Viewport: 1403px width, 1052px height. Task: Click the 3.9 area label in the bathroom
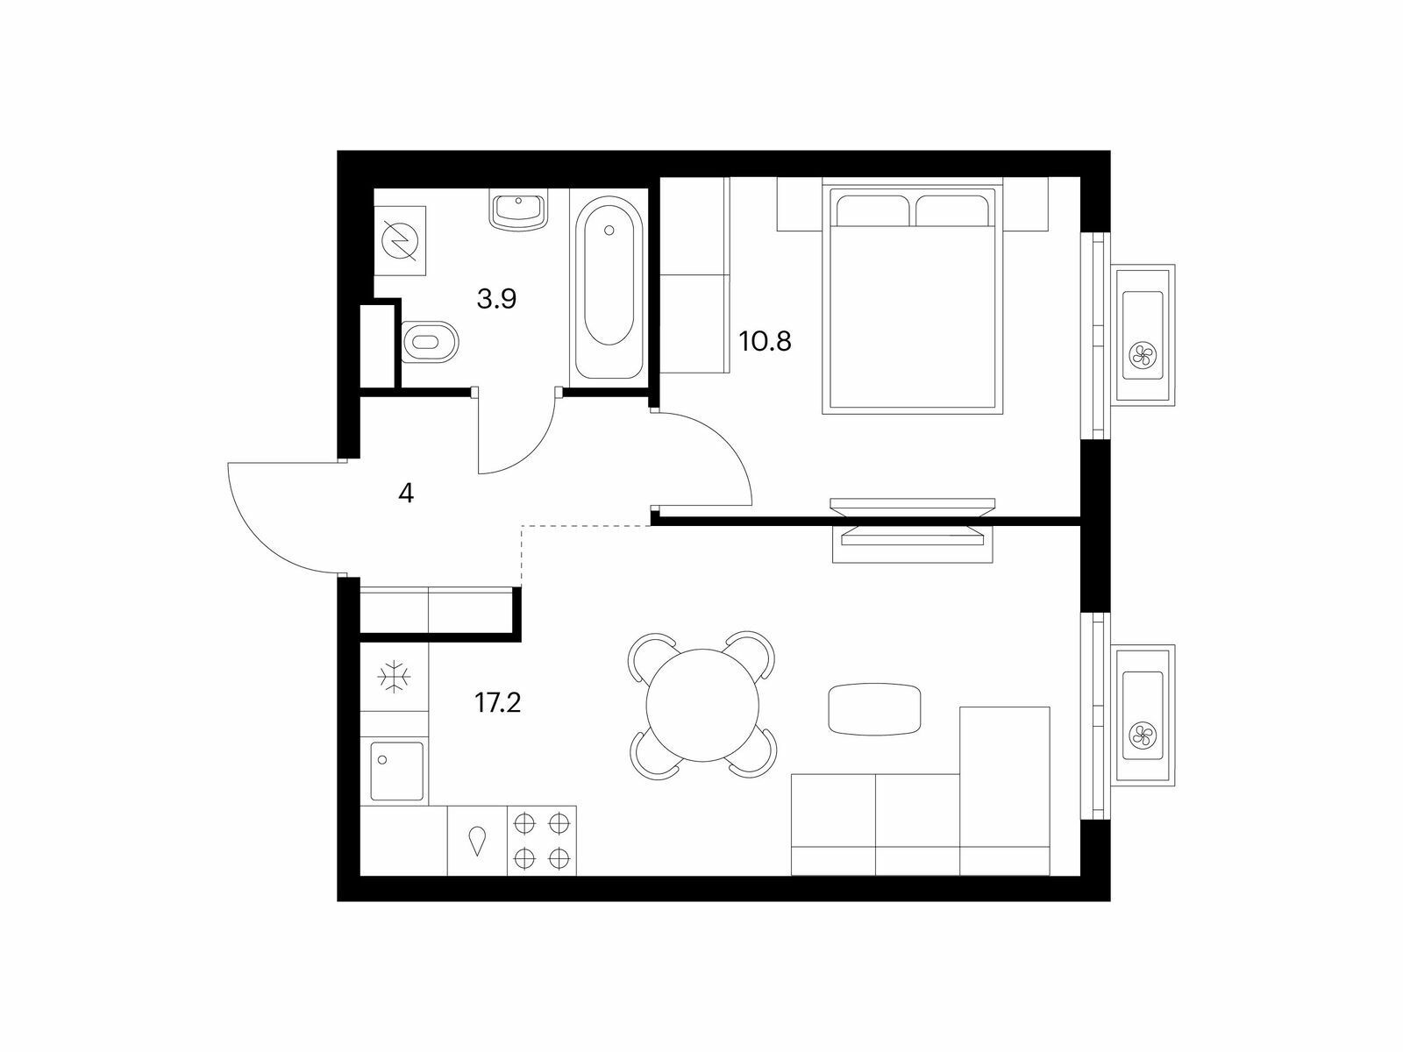[496, 298]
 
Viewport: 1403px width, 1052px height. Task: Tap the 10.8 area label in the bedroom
[766, 342]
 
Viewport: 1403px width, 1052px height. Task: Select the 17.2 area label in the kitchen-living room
[498, 703]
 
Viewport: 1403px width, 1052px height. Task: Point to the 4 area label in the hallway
[406, 493]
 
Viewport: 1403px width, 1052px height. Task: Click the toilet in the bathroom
[431, 342]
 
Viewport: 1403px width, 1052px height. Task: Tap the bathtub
[609, 288]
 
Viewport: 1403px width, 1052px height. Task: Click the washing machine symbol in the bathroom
[400, 241]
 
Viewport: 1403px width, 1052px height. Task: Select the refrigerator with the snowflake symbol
[394, 677]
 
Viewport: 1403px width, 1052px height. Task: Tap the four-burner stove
[541, 840]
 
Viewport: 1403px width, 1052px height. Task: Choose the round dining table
[702, 705]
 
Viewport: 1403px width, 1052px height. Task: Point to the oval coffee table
[874, 709]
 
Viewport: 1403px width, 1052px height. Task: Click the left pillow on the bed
[872, 210]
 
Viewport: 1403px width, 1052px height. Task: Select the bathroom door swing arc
[536, 447]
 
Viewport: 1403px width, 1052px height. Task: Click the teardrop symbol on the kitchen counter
[477, 842]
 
